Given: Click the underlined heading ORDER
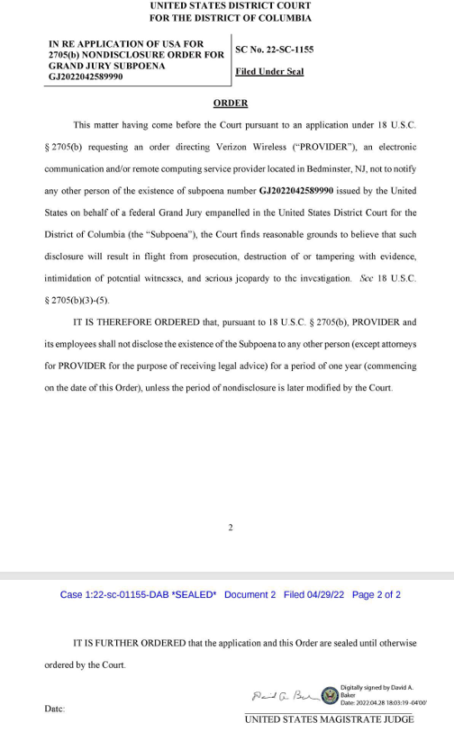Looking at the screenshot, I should click(230, 104).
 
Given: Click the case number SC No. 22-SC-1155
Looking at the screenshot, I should click(275, 50).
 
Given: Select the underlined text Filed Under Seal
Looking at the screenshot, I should click(269, 72).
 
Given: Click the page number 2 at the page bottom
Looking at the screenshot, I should click(231, 528).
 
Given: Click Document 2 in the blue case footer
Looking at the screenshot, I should click(250, 595).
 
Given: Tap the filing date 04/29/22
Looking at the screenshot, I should click(329, 595).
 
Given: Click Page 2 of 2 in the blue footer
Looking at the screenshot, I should click(377, 595).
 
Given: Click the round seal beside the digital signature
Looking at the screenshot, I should click(330, 695).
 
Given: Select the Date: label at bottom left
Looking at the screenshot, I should click(54, 709).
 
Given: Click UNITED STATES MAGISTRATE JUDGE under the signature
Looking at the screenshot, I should click(329, 718).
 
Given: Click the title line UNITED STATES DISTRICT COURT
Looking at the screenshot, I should click(231, 6).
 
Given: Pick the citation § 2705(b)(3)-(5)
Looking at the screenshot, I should click(79, 300).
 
